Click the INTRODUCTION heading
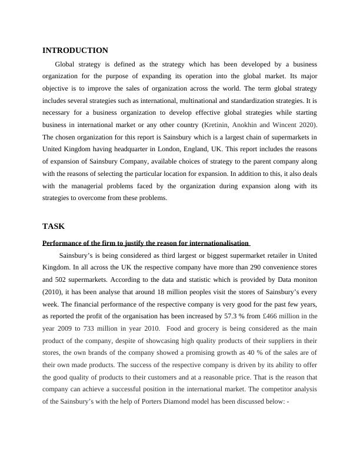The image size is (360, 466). click(75, 51)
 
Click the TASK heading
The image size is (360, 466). click(54, 226)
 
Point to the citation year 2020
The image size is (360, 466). click(307, 125)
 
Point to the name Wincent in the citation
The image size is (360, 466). click(279, 125)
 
